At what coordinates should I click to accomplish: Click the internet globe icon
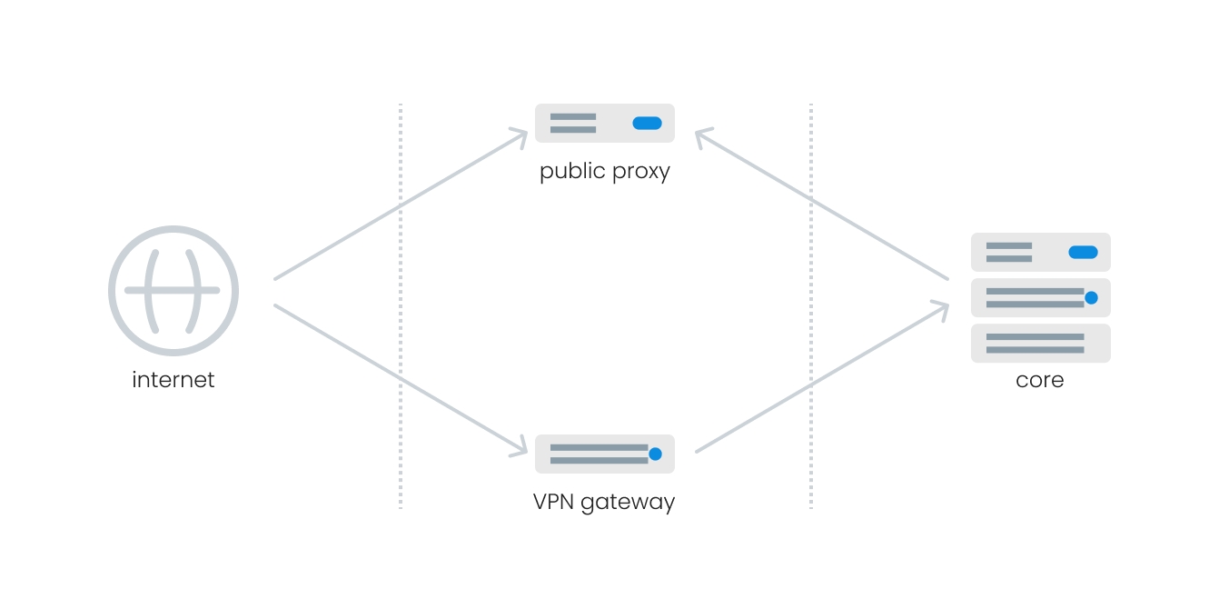pos(173,291)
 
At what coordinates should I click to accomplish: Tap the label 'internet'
pos(173,379)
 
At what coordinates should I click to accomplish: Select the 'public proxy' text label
pos(604,171)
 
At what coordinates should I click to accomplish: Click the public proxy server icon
pos(604,123)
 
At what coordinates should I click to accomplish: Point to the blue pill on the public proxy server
pos(647,123)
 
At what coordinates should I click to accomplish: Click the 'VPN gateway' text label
pos(604,501)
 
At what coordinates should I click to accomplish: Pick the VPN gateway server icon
pos(604,454)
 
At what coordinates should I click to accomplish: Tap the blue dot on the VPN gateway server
pos(655,454)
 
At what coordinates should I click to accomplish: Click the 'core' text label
pos(1040,379)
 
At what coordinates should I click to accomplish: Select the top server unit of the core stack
pos(1040,252)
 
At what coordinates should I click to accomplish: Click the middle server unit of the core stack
pos(1040,297)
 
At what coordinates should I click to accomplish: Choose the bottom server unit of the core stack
pos(1040,343)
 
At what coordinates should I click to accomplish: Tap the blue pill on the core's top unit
pos(1083,252)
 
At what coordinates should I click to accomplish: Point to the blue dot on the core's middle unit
pos(1091,297)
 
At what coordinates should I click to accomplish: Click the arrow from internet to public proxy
pos(400,205)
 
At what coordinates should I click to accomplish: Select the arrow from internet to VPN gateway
pos(400,378)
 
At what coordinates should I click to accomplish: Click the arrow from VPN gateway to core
pos(822,378)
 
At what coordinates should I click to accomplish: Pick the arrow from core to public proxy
pos(822,205)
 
